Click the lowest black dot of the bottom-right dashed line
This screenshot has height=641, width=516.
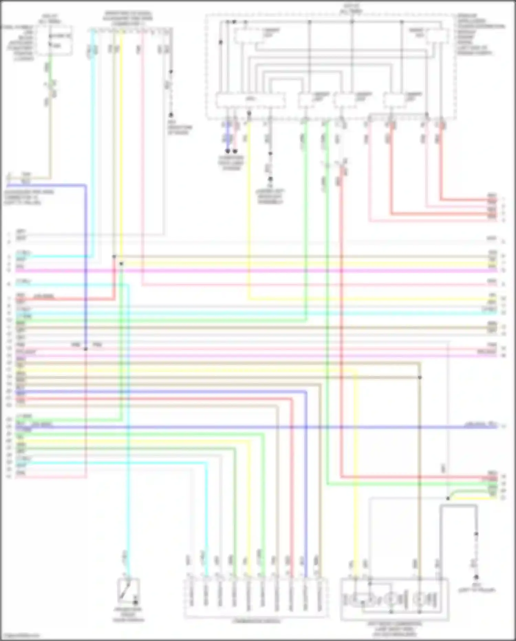[476, 577]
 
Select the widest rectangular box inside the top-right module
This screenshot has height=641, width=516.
[250, 100]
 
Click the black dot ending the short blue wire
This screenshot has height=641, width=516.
[228, 151]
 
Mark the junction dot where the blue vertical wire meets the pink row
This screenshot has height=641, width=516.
[86, 349]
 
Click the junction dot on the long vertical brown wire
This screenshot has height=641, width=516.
[420, 378]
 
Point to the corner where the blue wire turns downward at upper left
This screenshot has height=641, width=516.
[86, 186]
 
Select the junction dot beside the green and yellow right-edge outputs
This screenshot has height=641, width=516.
[448, 498]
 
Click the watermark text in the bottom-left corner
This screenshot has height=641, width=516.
[21, 635]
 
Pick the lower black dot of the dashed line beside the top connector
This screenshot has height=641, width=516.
[171, 115]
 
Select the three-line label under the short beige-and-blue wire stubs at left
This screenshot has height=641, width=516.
[29, 197]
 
